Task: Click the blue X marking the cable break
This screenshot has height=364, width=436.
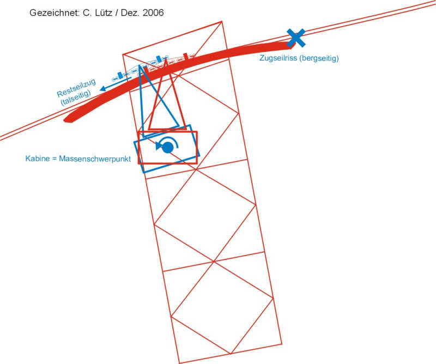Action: [x=296, y=38]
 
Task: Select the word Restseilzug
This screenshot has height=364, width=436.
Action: [x=76, y=88]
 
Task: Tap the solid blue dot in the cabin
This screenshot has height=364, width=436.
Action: [x=168, y=147]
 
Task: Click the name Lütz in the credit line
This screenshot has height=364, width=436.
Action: [x=104, y=12]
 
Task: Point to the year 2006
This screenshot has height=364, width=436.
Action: [x=152, y=12]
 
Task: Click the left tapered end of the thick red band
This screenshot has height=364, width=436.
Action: [x=66, y=119]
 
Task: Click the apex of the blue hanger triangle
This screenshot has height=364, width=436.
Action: [x=140, y=67]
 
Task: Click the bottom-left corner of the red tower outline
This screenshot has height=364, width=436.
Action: [x=179, y=363]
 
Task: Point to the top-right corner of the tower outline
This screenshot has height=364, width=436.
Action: [x=222, y=21]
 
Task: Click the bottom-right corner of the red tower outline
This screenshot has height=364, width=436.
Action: [x=282, y=344]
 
